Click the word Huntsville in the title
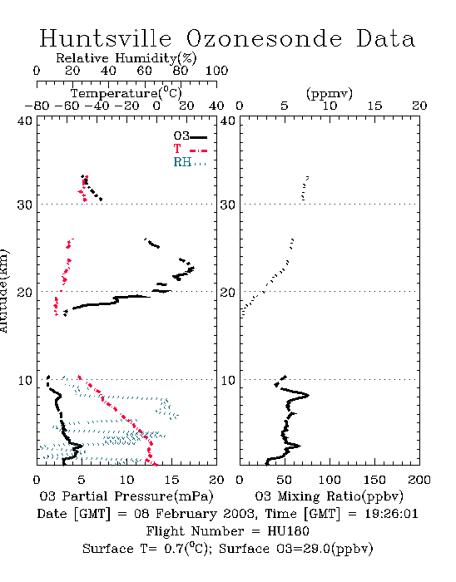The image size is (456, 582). (106, 38)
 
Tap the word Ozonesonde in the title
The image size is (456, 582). (264, 38)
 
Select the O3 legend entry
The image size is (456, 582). (190, 136)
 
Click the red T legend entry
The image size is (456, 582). (190, 149)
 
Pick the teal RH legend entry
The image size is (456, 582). (190, 162)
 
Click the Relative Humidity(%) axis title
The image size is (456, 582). (126, 58)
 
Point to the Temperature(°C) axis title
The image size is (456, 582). (126, 93)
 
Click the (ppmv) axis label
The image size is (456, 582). (330, 93)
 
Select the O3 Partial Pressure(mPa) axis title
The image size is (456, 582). (126, 496)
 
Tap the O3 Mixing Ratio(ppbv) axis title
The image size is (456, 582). (329, 496)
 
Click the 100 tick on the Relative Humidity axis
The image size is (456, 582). (216, 71)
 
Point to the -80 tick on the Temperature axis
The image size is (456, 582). (37, 106)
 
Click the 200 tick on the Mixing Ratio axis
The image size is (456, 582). (419, 480)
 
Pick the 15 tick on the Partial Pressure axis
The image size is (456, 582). (171, 480)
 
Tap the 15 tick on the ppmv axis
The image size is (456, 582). (374, 106)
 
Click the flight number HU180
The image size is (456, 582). (288, 531)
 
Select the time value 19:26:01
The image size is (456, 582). (391, 514)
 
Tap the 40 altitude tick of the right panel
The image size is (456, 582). (228, 121)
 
